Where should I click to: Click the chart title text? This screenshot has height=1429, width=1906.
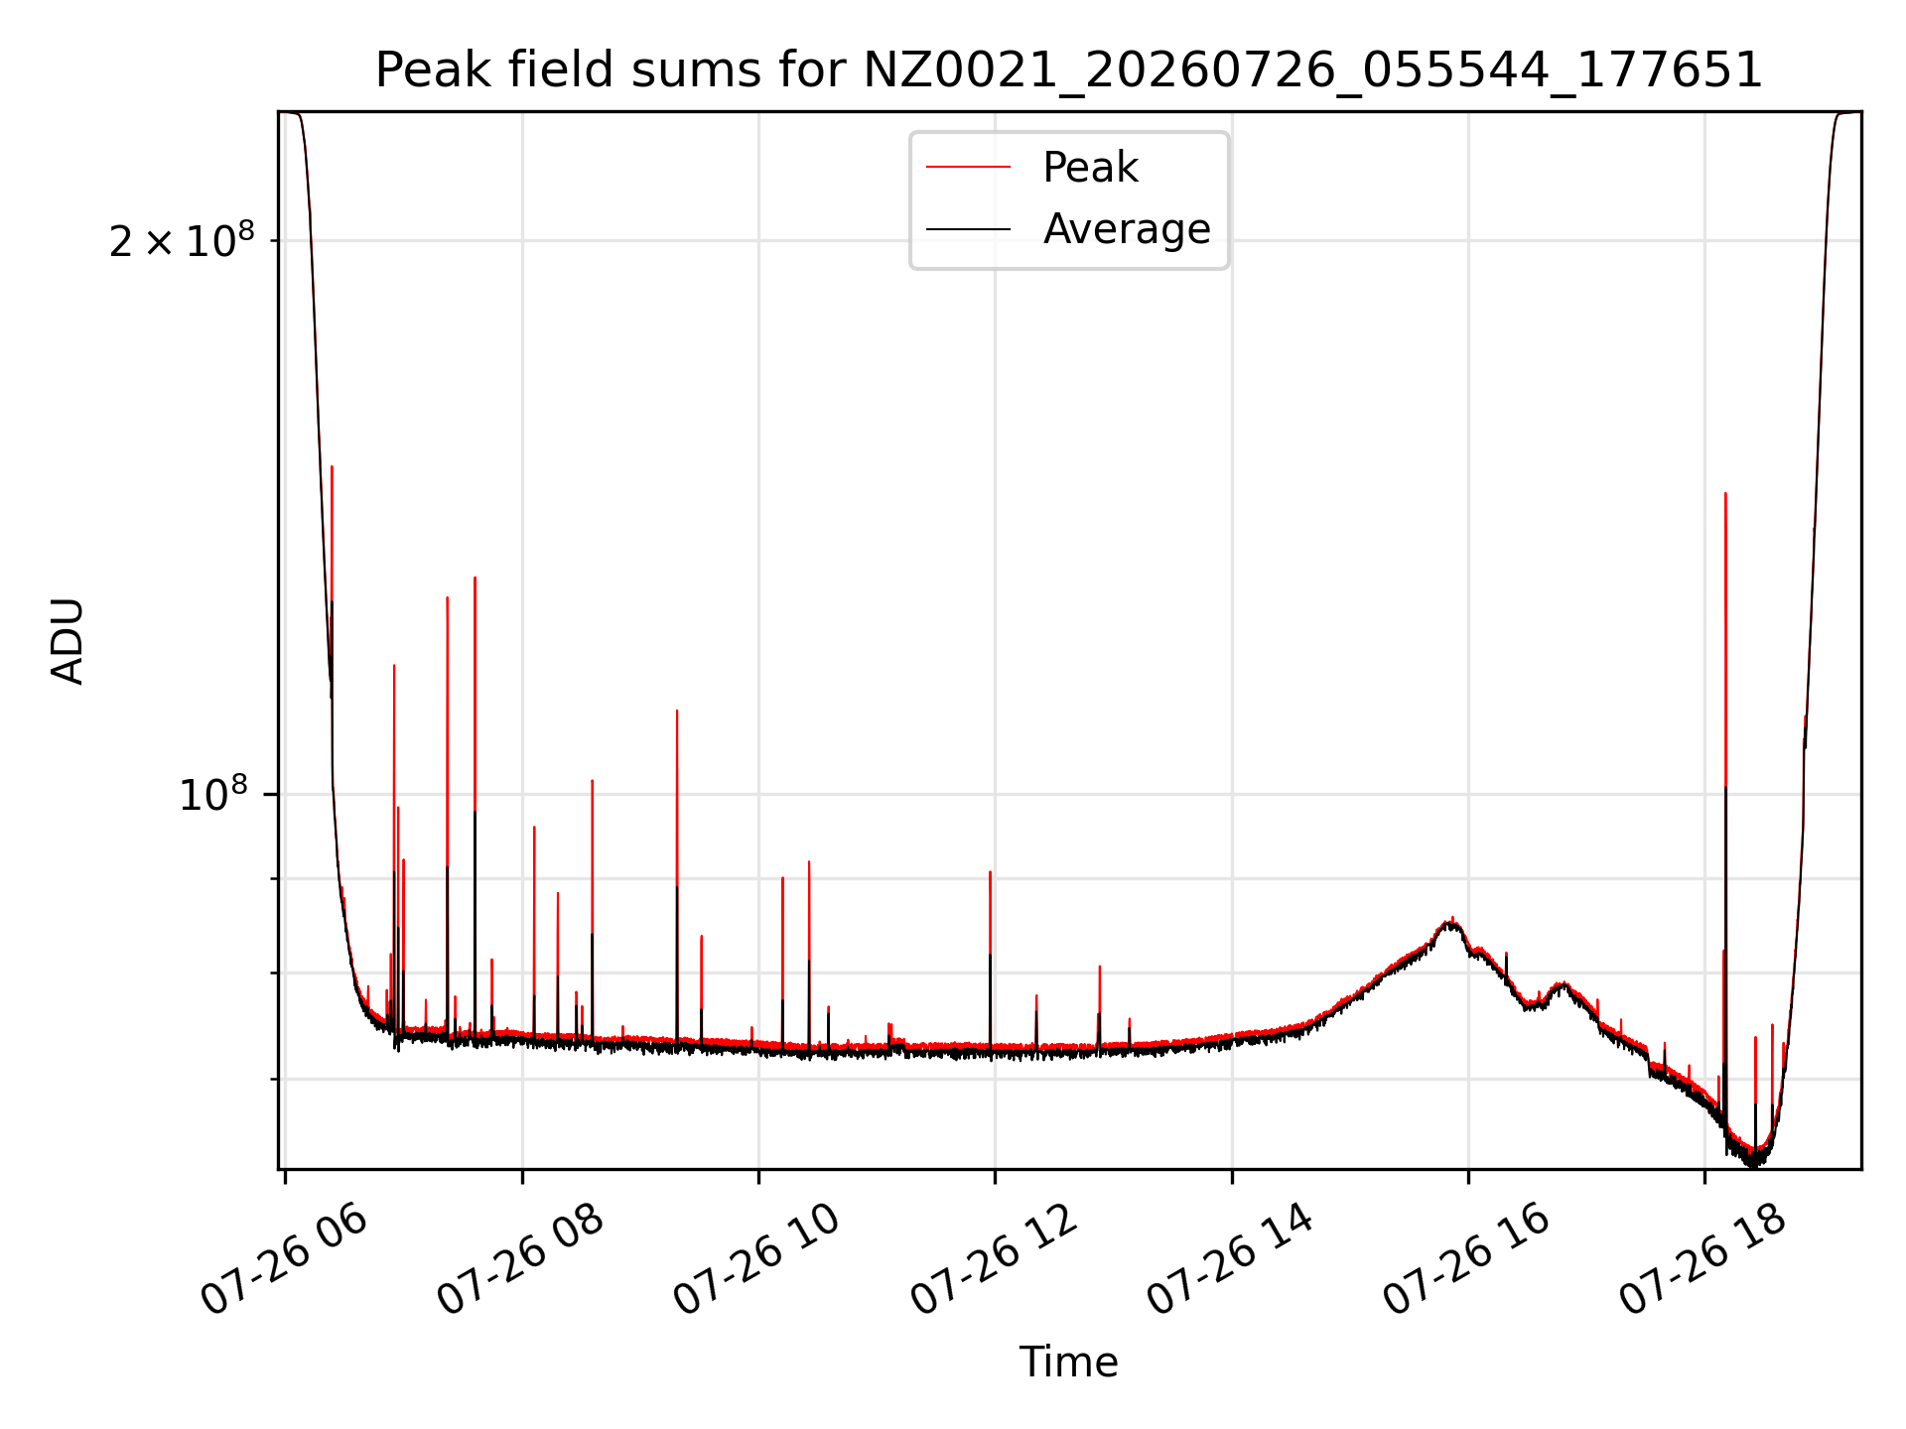(x=1068, y=70)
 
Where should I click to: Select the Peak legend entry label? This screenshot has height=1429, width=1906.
(x=1090, y=168)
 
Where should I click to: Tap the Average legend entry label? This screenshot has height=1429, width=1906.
(x=1127, y=229)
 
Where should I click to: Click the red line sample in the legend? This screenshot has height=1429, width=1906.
(x=968, y=168)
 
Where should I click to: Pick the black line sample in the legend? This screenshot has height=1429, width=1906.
(x=968, y=229)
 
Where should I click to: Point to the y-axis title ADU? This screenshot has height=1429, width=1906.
(x=68, y=641)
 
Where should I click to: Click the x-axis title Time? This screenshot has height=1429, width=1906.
(x=1068, y=1363)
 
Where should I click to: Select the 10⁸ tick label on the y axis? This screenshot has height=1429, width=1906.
(x=212, y=794)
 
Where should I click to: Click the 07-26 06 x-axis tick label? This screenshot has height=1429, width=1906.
(x=283, y=1261)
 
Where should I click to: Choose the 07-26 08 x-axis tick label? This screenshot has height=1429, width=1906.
(x=519, y=1261)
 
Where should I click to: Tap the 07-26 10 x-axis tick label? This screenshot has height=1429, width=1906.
(x=755, y=1261)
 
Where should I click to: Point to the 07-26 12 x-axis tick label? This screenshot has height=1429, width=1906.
(x=992, y=1261)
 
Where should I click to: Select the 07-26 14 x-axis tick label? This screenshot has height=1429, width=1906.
(x=1229, y=1261)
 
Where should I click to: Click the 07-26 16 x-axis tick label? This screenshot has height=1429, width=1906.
(x=1465, y=1261)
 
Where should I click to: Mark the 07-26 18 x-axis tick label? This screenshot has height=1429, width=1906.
(x=1702, y=1261)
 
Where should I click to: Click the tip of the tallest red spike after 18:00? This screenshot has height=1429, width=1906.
(x=1725, y=493)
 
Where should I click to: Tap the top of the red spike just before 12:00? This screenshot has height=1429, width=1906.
(x=990, y=872)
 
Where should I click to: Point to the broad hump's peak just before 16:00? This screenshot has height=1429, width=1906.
(x=1451, y=921)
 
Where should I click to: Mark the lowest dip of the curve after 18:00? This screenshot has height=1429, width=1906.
(x=1754, y=1163)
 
